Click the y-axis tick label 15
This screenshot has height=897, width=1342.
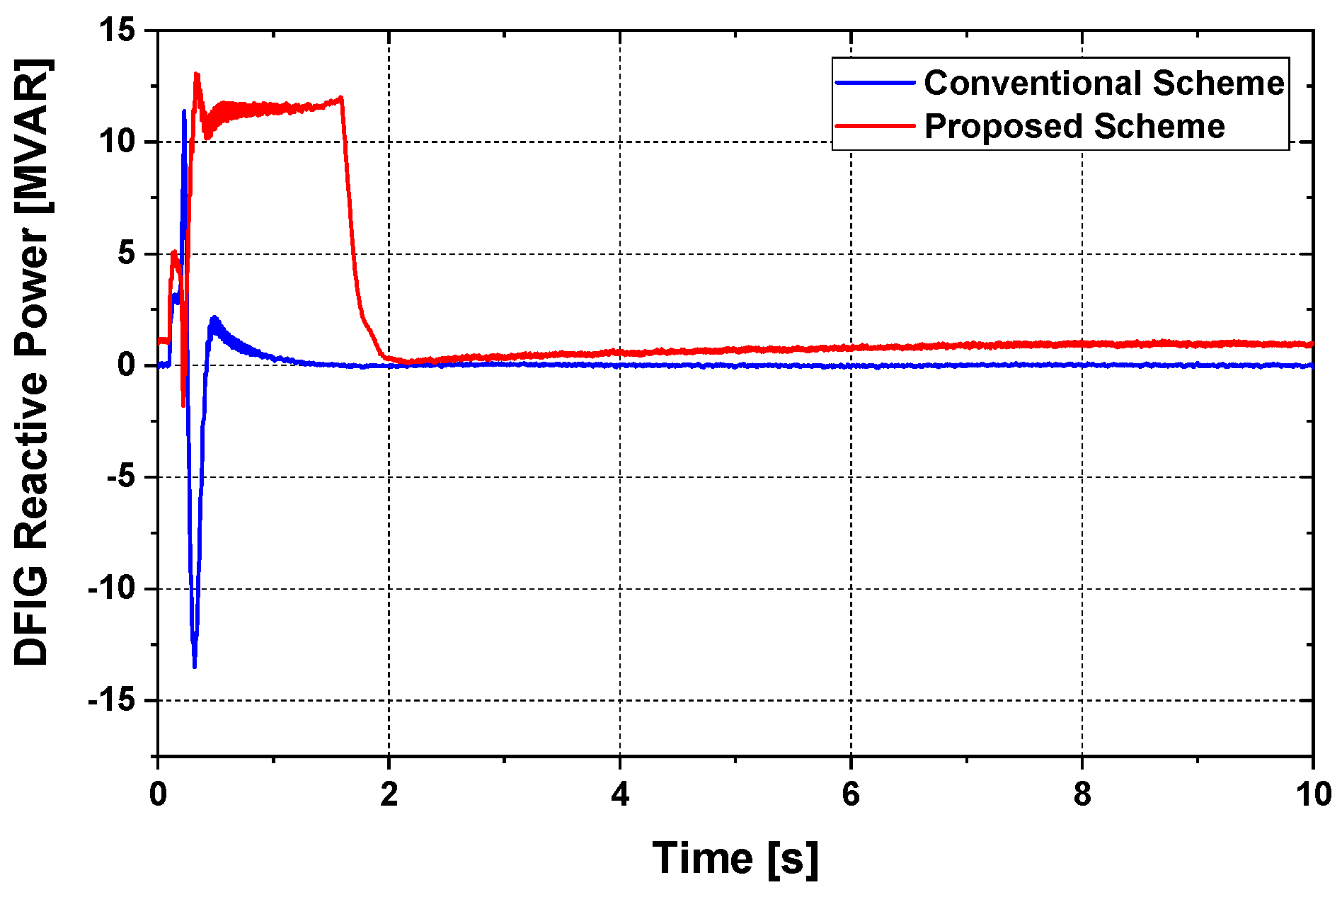(x=117, y=30)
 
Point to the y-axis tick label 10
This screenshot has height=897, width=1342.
(x=117, y=142)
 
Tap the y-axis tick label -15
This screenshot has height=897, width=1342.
(x=112, y=701)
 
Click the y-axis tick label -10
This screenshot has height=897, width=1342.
(x=112, y=589)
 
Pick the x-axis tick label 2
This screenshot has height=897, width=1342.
(x=389, y=794)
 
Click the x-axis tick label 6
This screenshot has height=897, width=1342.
(x=851, y=794)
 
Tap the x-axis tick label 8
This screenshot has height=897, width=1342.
(x=1082, y=794)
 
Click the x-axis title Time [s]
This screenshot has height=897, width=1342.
(x=735, y=858)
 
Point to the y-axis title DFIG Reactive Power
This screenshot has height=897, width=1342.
(x=32, y=362)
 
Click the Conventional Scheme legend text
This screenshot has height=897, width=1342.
(x=1103, y=83)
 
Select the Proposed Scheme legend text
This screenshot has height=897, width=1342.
(x=1074, y=127)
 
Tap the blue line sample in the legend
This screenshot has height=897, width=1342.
(x=876, y=83)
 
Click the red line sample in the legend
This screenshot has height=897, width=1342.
(x=876, y=127)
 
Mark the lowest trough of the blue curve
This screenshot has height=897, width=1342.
(x=195, y=666)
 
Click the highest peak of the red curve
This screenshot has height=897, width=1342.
(x=196, y=74)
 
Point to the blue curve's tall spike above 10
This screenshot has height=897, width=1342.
(x=184, y=111)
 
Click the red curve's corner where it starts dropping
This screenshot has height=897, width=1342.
(x=342, y=98)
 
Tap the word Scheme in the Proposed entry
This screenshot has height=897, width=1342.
(x=1159, y=127)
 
